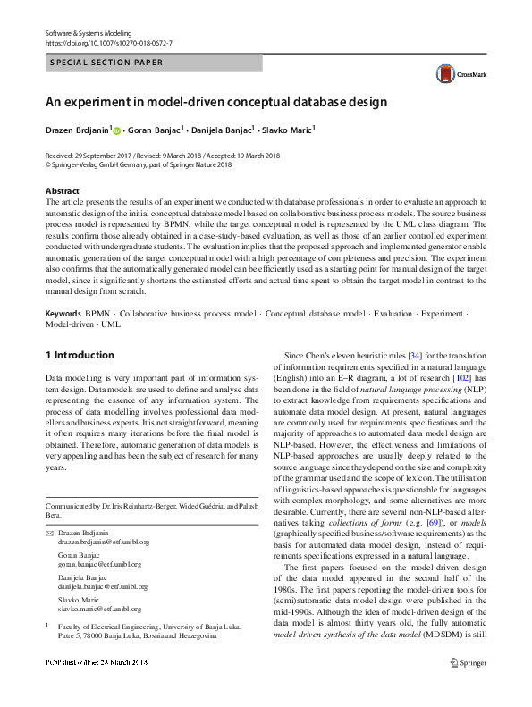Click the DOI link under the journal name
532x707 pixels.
[x=108, y=43]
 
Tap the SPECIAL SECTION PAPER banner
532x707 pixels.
[x=106, y=63]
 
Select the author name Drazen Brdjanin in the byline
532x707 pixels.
[x=78, y=130]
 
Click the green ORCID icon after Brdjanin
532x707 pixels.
[x=116, y=130]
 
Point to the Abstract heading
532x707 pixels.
[x=62, y=191]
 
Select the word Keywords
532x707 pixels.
[x=63, y=314]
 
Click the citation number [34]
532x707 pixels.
[x=415, y=356]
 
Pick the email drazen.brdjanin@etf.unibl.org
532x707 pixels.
[x=104, y=542]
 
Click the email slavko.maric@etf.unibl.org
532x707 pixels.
[x=103, y=608]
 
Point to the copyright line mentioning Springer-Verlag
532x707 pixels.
[x=138, y=164]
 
